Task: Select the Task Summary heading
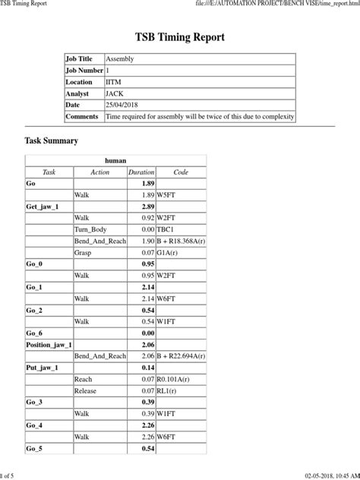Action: pos(52,141)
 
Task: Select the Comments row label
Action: pos(82,116)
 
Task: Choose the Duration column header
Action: pos(141,172)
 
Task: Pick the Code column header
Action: pos(180,172)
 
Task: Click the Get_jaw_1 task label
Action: pos(43,207)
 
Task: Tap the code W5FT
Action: pos(168,195)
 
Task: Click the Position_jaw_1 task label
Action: pos(49,344)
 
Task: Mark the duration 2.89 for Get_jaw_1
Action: pos(148,207)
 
